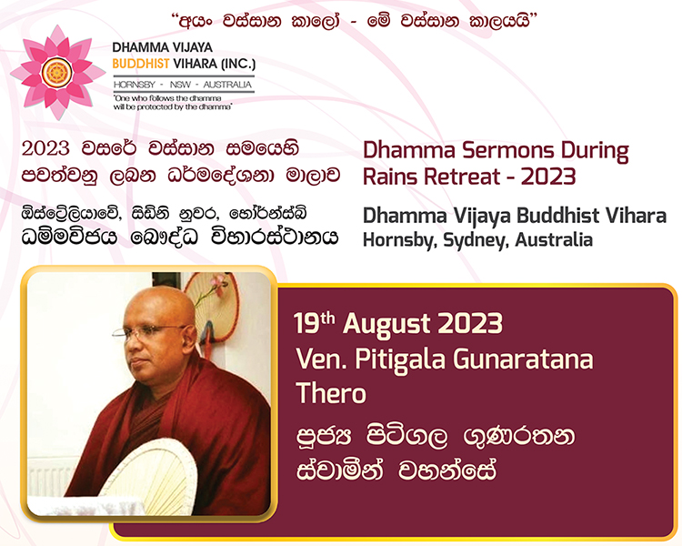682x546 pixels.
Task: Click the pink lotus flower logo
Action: tap(57, 72)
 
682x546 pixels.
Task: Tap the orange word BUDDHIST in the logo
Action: tap(140, 64)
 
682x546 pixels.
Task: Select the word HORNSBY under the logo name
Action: tap(135, 85)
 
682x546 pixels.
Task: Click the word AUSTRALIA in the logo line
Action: tap(227, 85)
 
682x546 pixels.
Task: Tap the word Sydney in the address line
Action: tap(476, 241)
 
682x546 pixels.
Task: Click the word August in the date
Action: tap(386, 325)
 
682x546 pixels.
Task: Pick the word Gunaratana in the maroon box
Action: tap(523, 360)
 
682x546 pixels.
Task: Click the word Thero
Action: tap(331, 393)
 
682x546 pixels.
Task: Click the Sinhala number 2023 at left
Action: tap(45, 148)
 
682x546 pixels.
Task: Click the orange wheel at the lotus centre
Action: tap(57, 73)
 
